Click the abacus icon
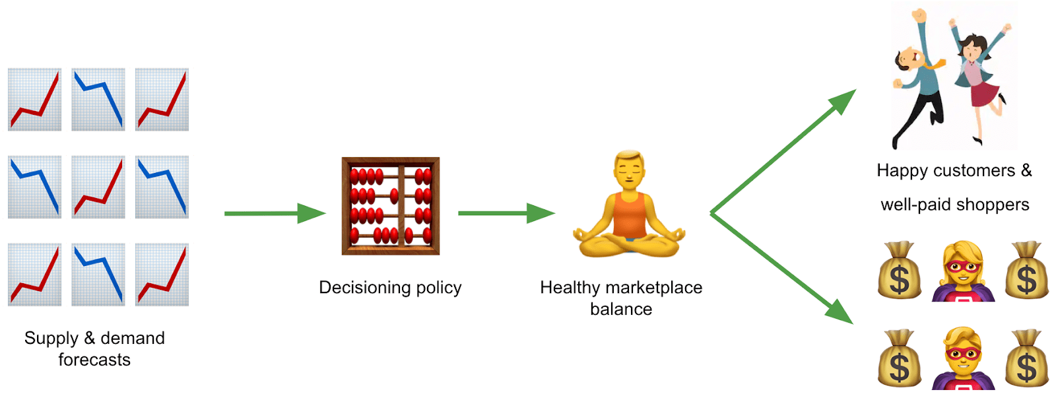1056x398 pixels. click(x=390, y=206)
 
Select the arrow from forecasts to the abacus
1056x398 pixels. click(x=274, y=213)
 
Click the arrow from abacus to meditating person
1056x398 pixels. click(x=506, y=213)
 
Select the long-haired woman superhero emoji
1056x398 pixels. click(x=963, y=272)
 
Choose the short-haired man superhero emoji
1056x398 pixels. click(x=963, y=359)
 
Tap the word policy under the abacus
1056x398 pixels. click(x=439, y=288)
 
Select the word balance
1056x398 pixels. click(x=621, y=310)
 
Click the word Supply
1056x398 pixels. click(x=51, y=339)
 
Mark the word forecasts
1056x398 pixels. click(x=94, y=360)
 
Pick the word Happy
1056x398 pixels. click(x=903, y=171)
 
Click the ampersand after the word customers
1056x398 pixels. click(x=1026, y=170)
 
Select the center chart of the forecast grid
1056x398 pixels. click(x=98, y=187)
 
